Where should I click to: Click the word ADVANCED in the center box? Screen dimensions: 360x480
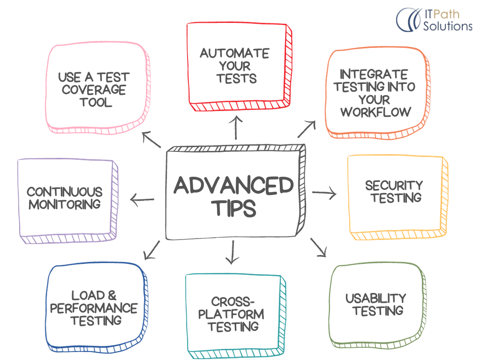coord(233,186)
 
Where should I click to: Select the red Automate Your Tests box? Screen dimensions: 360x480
coord(236,65)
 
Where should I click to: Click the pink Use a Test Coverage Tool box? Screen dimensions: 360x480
coord(94,89)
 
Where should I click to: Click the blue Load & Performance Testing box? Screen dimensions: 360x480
coord(93,307)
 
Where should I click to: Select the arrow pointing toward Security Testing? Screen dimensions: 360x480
coord(324,192)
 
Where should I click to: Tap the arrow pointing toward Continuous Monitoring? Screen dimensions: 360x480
coord(142,201)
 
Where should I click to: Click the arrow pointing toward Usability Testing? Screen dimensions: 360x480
coord(318,247)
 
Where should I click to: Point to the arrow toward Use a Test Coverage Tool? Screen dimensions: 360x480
coord(151,139)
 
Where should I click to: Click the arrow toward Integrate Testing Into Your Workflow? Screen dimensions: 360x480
coord(307,128)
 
